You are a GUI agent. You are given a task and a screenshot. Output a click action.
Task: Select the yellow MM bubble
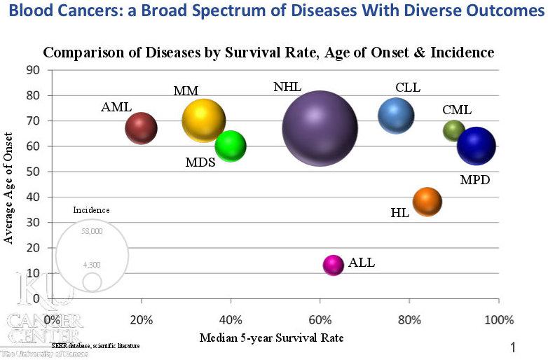tap(203, 120)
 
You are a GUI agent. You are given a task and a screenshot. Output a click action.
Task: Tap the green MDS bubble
tap(231, 146)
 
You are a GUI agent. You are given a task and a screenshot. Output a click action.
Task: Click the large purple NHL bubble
tap(320, 128)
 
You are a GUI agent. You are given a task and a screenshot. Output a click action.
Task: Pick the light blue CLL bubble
tap(396, 116)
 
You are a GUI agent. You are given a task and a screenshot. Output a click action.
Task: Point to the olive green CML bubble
tap(454, 130)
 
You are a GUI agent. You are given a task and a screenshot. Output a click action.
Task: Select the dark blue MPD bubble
tap(477, 146)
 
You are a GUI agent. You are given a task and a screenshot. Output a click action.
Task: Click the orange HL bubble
tap(427, 202)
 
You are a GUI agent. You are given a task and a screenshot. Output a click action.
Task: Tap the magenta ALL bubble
tap(334, 265)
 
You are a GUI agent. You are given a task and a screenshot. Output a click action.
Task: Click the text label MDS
tap(200, 162)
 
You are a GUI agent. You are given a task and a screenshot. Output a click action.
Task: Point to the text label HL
tap(399, 212)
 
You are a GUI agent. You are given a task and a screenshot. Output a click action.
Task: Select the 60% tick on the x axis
tap(320, 320)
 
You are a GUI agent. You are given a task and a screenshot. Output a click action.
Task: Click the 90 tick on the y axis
tap(33, 69)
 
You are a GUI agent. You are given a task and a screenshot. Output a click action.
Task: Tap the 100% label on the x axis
tap(498, 320)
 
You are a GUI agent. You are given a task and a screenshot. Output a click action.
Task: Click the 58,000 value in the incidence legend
tap(92, 231)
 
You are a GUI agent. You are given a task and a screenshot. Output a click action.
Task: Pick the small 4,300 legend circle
tap(92, 281)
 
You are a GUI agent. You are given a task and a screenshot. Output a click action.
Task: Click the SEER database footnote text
tap(95, 346)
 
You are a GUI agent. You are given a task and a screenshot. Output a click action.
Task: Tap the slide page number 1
tap(514, 347)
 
